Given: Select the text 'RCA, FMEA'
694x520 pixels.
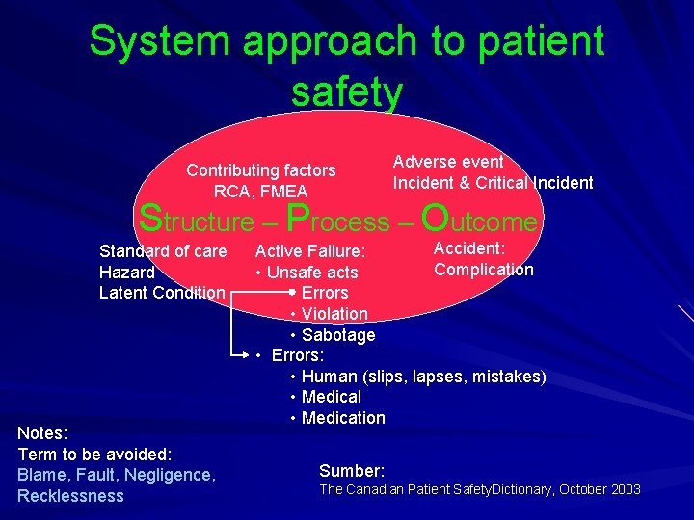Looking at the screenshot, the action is point(260,192).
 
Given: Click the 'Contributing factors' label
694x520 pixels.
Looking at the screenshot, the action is point(261,170).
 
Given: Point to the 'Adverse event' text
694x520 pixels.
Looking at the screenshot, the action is point(448,162).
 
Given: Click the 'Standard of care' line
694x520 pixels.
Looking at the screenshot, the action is point(163,251).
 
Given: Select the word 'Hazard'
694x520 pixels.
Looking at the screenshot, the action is point(127,273).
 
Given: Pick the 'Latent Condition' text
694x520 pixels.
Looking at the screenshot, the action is point(162,293).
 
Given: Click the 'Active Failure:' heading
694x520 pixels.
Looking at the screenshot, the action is point(309,252).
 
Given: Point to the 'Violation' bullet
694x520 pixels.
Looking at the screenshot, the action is point(334,314).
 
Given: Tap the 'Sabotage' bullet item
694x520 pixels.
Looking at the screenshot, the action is point(338,335).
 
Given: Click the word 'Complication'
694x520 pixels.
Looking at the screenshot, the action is point(483,270).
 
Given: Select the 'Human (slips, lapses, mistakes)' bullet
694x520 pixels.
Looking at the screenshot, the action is point(423,377).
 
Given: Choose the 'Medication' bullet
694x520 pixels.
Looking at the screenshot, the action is point(343,418).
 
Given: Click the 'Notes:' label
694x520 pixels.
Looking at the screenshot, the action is point(42,433).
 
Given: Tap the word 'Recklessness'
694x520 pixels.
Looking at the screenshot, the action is point(70,496).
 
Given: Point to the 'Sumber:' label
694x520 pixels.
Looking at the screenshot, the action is point(352,471).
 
